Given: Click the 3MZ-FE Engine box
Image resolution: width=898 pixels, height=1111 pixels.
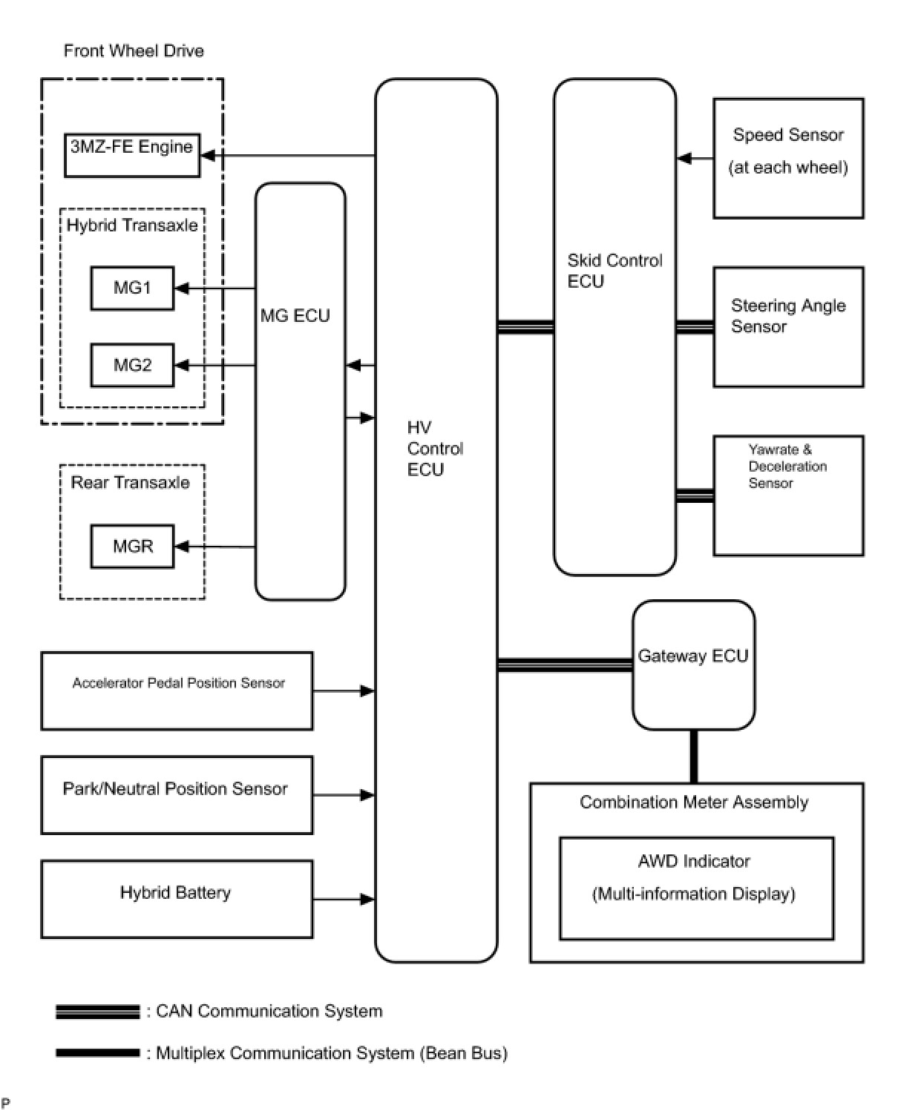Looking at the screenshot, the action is [132, 156].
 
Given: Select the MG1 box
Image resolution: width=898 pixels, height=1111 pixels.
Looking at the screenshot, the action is [133, 288].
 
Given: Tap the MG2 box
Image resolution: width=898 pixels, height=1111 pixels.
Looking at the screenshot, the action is [133, 365].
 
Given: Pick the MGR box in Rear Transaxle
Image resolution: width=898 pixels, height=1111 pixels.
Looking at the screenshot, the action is [133, 546].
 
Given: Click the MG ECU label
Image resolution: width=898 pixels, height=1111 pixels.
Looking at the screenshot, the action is [295, 315].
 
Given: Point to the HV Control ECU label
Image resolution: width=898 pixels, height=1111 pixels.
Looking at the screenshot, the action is [435, 449].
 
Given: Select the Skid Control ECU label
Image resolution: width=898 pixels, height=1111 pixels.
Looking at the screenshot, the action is [614, 271].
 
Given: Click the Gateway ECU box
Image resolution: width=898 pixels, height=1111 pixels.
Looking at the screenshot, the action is [693, 665].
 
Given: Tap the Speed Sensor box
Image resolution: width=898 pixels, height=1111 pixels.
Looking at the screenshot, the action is [788, 158].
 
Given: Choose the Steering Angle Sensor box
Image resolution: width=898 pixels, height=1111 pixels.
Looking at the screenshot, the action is [788, 327].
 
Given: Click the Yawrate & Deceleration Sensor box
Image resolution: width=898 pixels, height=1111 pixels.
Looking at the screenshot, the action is [788, 495].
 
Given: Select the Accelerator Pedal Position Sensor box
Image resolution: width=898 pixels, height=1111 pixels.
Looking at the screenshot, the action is [177, 690].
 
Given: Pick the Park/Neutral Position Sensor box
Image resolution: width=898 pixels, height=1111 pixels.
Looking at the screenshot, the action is [177, 795].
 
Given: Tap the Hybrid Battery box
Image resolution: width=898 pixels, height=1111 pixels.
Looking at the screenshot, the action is [177, 899].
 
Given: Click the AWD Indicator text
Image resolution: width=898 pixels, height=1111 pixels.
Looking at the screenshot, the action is [693, 860].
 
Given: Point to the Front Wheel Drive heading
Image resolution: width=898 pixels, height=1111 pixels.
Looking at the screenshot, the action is [134, 50].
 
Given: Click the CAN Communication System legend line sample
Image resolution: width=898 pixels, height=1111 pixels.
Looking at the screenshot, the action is [97, 1012].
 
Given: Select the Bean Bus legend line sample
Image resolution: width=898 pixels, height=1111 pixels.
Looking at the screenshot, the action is [97, 1053].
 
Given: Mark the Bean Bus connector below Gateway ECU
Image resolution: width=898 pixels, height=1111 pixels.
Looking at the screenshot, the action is [693, 756].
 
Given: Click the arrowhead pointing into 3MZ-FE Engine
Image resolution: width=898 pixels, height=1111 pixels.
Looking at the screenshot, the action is [208, 156].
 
